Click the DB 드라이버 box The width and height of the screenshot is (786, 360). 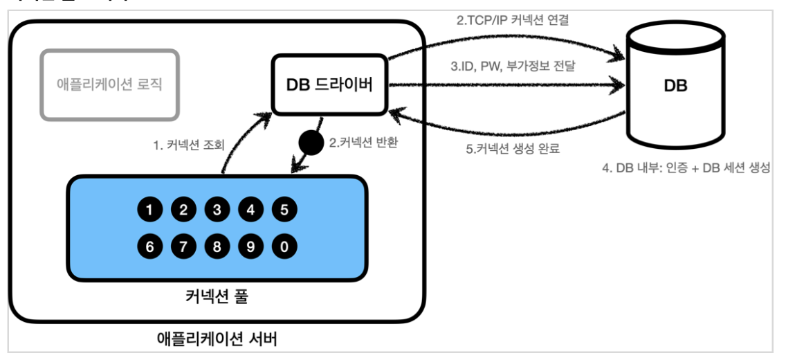(x=329, y=85)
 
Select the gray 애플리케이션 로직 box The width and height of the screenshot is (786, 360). (x=110, y=84)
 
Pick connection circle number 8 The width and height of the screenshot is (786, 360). (x=217, y=244)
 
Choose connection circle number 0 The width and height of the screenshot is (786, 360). (x=284, y=244)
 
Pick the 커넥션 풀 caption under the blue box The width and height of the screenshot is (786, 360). (x=217, y=298)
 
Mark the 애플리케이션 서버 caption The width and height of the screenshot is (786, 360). (x=217, y=340)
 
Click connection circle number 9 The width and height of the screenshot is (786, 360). (x=250, y=244)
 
